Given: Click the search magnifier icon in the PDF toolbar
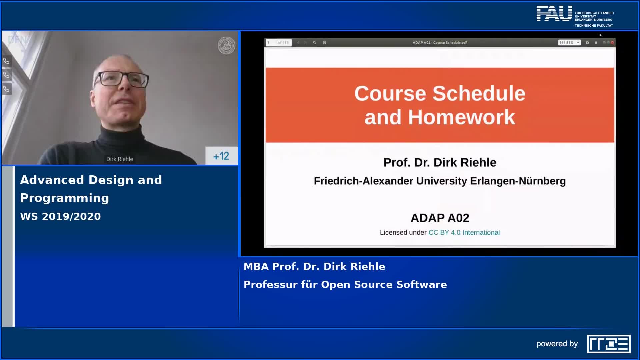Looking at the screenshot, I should [314, 43].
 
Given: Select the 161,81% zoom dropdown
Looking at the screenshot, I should [569, 43].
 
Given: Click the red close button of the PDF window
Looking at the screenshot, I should [612, 43].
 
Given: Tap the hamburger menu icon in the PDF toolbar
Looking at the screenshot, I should [596, 43].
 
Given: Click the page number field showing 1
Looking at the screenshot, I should [271, 43].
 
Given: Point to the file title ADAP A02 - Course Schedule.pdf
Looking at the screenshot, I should [440, 43].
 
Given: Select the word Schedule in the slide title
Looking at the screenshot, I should [479, 93].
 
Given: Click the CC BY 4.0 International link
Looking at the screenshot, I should [464, 232].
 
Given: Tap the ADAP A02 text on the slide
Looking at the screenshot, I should [440, 218].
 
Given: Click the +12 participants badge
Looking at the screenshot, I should [221, 156].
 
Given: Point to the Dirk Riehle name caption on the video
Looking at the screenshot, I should [120, 159].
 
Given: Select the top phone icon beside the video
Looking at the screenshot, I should [6, 61].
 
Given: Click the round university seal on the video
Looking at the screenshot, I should [226, 46].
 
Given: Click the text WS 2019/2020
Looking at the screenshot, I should [60, 216].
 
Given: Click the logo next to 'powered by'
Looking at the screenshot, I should [608, 344].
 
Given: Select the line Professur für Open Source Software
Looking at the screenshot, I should [345, 284].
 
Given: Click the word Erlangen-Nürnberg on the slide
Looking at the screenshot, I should [518, 181].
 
